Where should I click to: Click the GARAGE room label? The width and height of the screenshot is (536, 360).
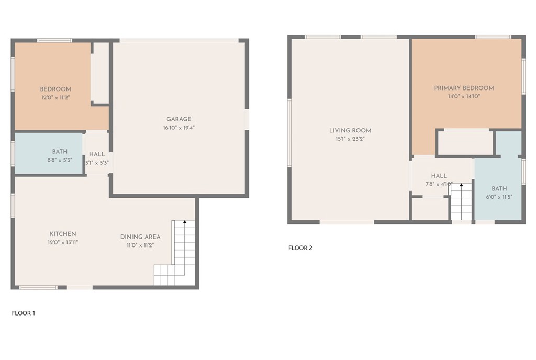179,119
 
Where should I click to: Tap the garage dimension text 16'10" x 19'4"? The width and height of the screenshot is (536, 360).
179,128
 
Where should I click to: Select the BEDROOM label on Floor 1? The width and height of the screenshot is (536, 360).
55,89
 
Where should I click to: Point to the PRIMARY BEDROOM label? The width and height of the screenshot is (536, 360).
464,88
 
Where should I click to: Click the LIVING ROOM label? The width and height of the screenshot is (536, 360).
350,131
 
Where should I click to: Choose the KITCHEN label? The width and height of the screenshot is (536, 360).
63,234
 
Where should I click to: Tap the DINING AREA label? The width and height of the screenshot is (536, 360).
140,237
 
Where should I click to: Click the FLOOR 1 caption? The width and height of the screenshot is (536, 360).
24,313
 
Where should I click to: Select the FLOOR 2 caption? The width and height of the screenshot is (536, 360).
300,248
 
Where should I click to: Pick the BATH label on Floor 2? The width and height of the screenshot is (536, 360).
499,189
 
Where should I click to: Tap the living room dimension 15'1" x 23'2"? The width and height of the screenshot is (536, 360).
350,139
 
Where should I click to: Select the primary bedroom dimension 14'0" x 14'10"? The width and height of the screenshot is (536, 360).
464,96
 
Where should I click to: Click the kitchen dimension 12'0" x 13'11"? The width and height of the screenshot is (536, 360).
63,242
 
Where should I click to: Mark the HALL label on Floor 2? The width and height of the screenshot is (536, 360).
439,176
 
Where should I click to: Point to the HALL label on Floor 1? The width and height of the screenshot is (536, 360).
97,154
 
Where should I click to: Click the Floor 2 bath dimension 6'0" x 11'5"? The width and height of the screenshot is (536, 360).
499,197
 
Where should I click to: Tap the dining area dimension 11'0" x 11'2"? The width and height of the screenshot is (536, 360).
140,245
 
